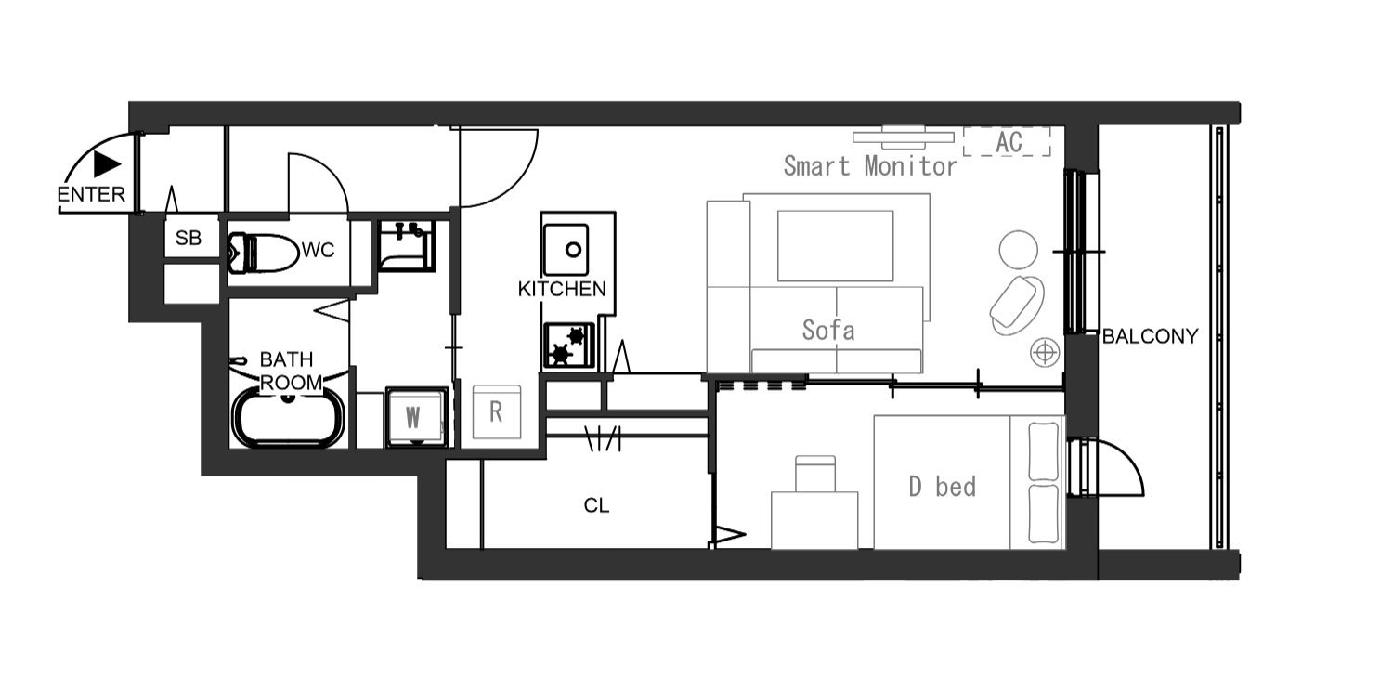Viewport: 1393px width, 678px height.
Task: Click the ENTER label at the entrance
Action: (91, 195)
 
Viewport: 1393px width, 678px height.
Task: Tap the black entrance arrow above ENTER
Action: (107, 164)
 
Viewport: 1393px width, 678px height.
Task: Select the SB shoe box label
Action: (189, 238)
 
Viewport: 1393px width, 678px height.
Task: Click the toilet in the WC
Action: (263, 254)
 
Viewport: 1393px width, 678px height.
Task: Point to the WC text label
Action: (318, 250)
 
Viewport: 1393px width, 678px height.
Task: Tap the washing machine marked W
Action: (416, 417)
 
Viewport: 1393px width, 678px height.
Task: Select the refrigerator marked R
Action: (496, 411)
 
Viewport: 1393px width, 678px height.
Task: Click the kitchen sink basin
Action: (566, 250)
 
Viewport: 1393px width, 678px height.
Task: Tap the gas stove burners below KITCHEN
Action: (569, 346)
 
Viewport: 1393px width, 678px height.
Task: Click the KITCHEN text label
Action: (562, 289)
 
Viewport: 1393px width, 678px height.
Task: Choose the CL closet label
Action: (596, 505)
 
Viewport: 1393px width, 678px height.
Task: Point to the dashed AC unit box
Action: (1007, 142)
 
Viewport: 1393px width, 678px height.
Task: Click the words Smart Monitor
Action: (869, 166)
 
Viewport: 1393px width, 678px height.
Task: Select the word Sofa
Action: (827, 331)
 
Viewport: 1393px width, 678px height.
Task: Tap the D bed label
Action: (943, 487)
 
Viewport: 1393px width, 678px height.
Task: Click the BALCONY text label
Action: (1150, 336)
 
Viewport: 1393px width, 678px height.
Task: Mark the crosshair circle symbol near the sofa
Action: (1045, 353)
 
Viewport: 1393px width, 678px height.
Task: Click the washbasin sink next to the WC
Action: (407, 246)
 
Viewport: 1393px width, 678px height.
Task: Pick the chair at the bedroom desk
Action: (815, 474)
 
